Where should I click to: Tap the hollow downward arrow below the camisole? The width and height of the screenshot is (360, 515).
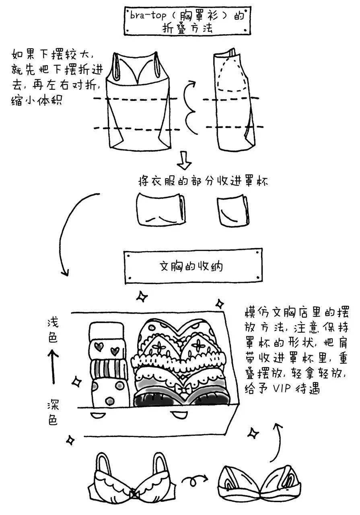185,160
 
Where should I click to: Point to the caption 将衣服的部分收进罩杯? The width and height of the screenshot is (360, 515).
203,181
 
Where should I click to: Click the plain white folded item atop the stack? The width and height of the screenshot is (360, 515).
108,330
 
